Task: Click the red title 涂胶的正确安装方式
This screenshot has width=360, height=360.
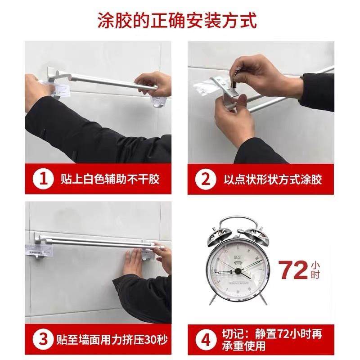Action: coord(180,20)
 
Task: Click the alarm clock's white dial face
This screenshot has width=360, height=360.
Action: coord(234,272)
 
